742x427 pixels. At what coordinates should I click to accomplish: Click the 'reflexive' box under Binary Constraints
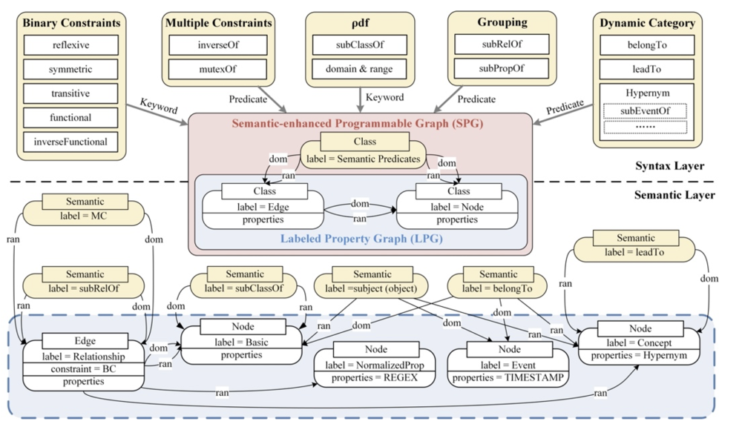[71, 46]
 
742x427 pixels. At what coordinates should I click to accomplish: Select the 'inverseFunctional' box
[71, 141]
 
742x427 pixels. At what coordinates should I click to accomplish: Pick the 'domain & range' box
[359, 70]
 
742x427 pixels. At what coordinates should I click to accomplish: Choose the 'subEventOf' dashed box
[645, 110]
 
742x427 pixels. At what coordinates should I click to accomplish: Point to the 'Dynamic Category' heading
[647, 23]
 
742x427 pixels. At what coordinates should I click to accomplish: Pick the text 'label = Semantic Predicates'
[364, 158]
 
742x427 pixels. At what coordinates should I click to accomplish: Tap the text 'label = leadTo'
[635, 252]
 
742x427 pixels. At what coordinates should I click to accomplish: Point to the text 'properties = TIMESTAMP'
[508, 377]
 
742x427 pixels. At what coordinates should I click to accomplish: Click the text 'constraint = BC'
[83, 368]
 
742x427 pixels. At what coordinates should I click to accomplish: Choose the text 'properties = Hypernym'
[640, 355]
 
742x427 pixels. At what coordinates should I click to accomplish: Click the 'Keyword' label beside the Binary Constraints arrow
[159, 109]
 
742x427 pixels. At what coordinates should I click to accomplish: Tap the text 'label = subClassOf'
[244, 288]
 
